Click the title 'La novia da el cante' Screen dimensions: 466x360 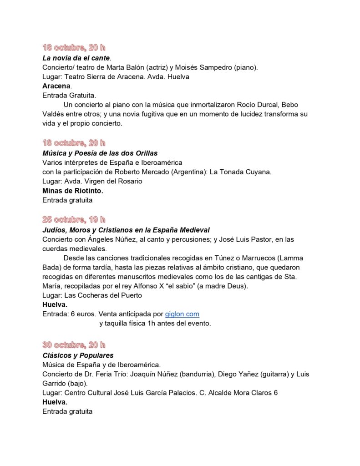click(x=76, y=58)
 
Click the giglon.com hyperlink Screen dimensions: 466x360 click(x=182, y=314)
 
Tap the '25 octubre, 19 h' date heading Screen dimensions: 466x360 click(x=74, y=219)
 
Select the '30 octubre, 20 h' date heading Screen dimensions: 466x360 click(x=74, y=344)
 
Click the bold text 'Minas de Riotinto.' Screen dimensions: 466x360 click(x=73, y=191)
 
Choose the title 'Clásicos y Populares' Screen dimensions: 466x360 click(x=78, y=355)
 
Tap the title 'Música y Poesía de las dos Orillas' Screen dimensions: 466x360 click(x=100, y=153)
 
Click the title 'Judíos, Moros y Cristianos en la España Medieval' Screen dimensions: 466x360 click(x=126, y=230)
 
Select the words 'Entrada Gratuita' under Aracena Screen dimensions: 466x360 click(x=69, y=95)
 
